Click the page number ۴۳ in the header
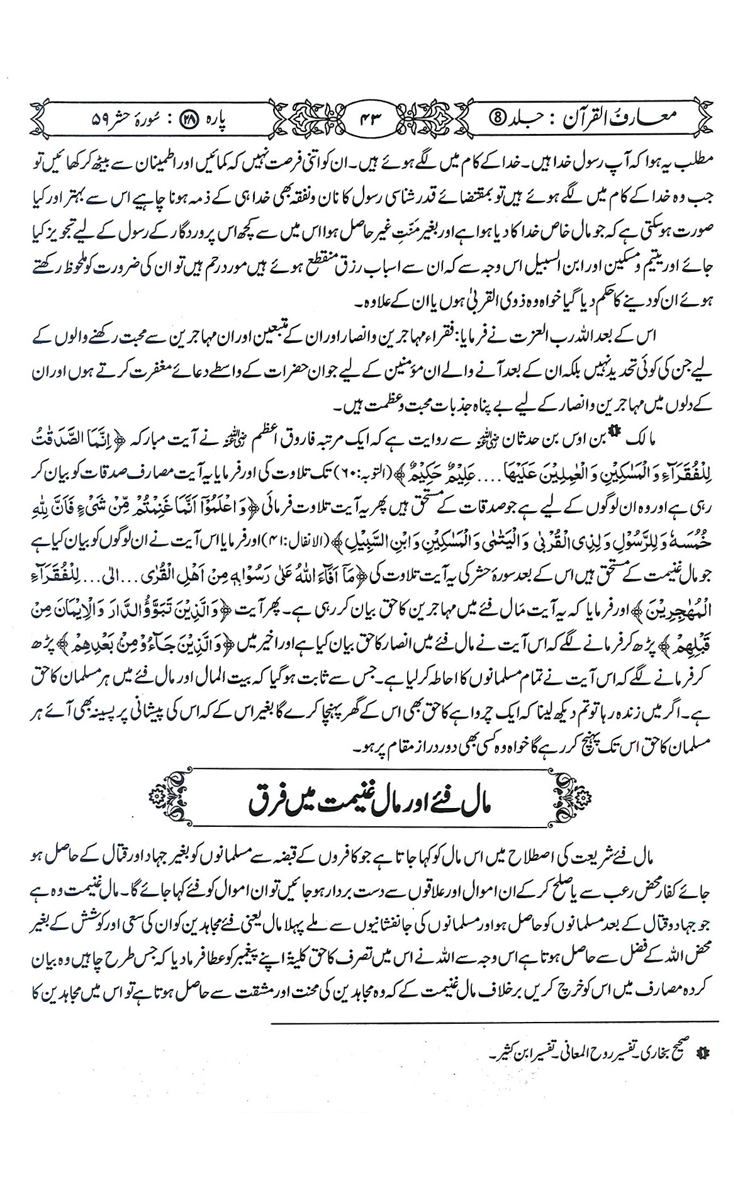pyautogui.click(x=372, y=116)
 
